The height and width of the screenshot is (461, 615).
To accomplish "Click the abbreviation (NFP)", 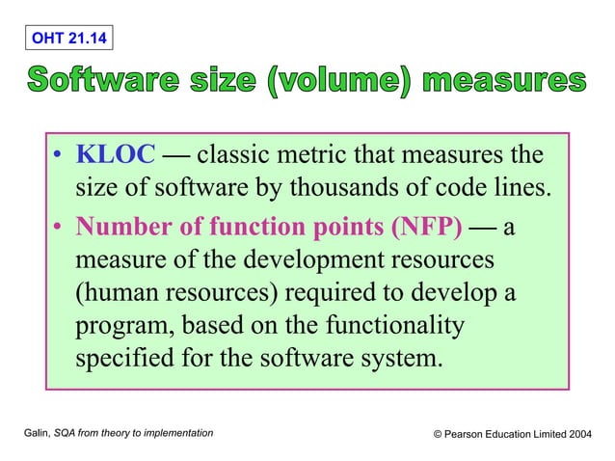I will pos(425,229).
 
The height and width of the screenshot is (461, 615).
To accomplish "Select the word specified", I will pos(123,358).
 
